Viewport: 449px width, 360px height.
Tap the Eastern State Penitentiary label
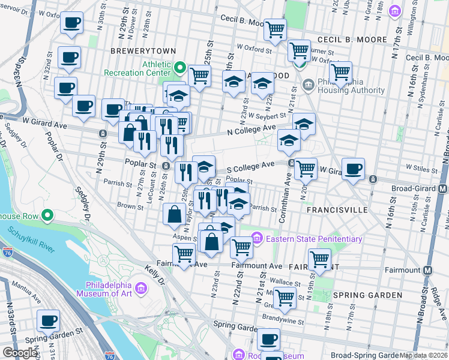click(x=314, y=239)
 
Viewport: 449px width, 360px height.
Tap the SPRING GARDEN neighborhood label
click(x=367, y=295)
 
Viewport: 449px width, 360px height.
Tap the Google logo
click(x=20, y=353)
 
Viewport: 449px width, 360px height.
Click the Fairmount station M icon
click(x=428, y=270)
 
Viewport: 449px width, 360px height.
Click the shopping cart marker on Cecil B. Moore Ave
click(x=275, y=29)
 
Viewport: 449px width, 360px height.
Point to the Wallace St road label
click(x=285, y=282)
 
